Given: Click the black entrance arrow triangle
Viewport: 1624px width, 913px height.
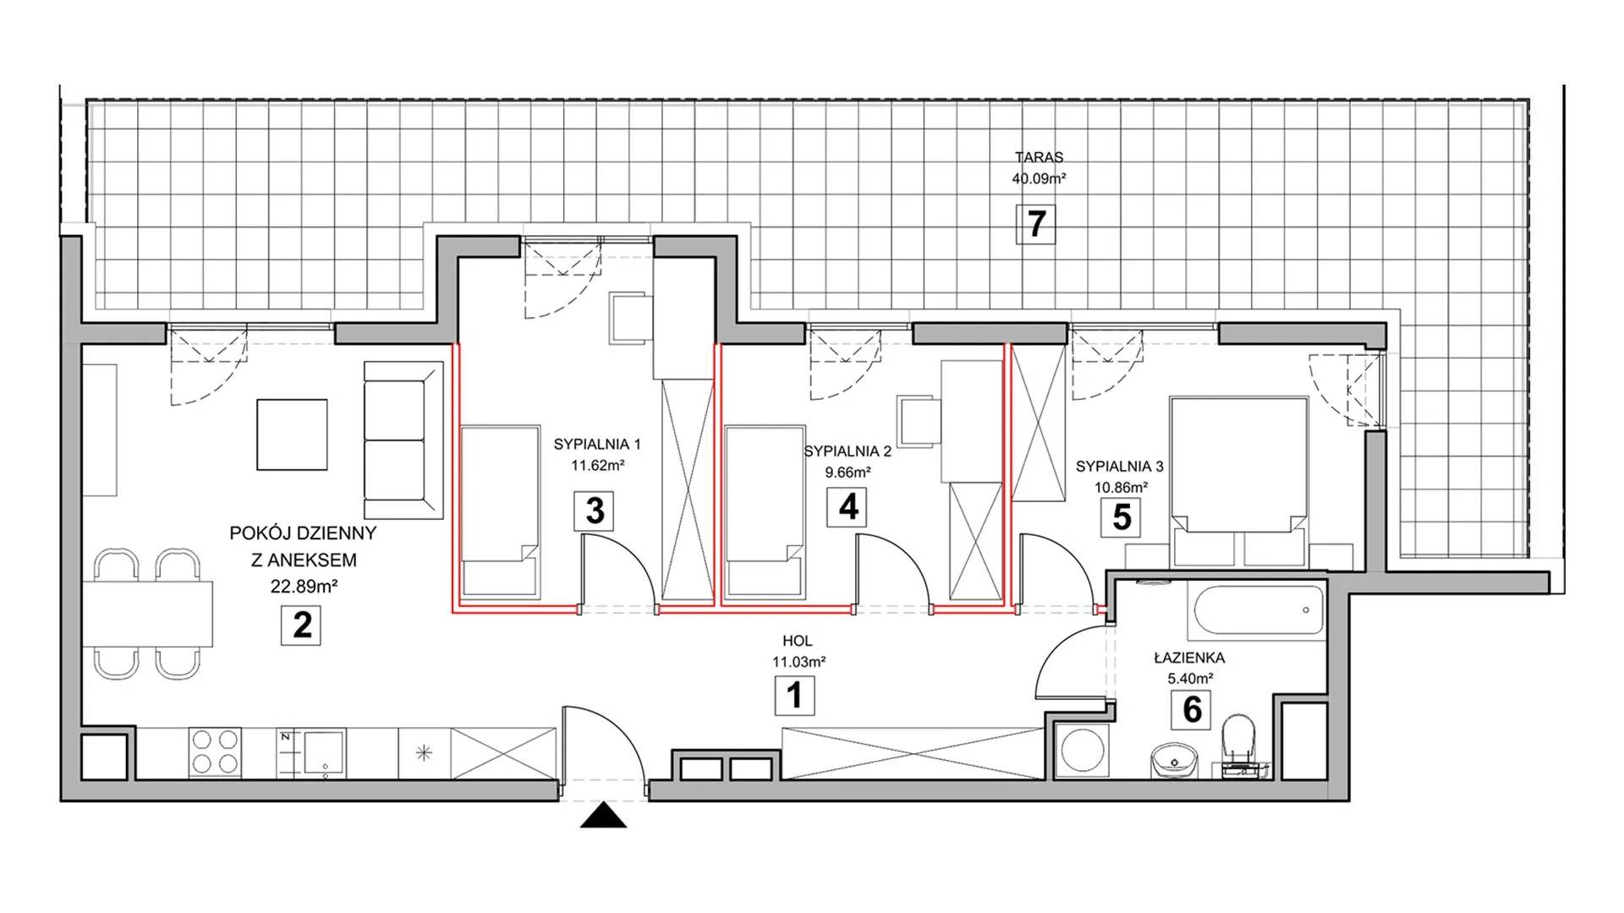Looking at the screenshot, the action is pos(604,816).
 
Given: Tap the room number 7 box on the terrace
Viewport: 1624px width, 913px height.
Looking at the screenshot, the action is pos(1036,224).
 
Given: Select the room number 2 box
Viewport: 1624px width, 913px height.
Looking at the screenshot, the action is pos(301,625).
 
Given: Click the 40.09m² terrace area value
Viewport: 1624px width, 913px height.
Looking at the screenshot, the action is pos(1039,178).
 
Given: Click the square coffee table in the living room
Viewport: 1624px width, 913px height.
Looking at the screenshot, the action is pos(292,435).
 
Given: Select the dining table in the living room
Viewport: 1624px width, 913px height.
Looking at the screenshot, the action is pos(147,613).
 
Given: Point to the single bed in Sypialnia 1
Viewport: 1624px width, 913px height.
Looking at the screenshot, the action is pos(501,512).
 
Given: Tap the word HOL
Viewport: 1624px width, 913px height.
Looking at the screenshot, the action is pos(797,642).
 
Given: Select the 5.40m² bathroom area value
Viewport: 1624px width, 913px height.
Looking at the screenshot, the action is pos(1189,678).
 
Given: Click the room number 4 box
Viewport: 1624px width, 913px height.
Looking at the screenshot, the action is pos(848,507).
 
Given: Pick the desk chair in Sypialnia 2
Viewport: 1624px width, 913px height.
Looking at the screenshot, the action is pos(919,419).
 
